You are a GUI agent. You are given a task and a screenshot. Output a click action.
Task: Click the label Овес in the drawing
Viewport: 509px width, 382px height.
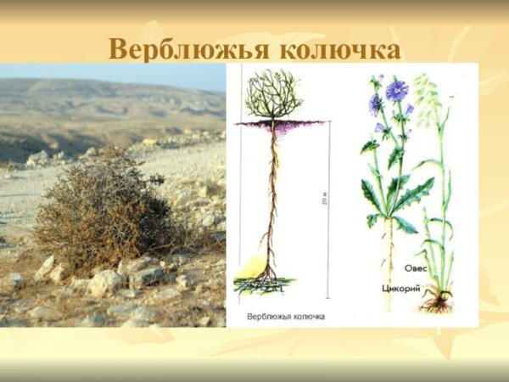point(415,268)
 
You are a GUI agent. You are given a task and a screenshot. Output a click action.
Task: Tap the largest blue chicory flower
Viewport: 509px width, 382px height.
point(396,90)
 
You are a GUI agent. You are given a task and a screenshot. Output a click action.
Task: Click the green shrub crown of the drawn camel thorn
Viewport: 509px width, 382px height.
point(273,95)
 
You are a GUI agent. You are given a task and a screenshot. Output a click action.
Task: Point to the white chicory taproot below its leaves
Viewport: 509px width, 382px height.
point(391,263)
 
